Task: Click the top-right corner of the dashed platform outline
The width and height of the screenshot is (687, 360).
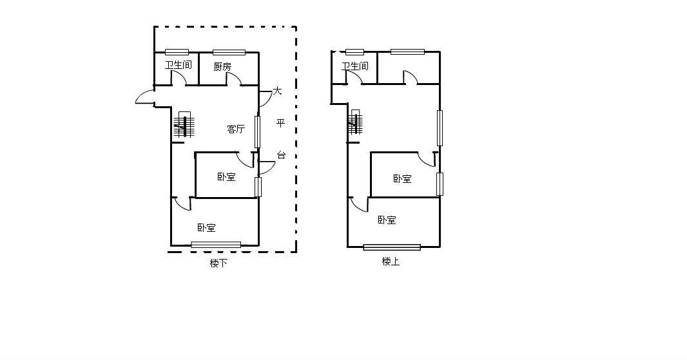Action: (x=296, y=27)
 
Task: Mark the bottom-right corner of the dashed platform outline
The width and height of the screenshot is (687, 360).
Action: (x=296, y=252)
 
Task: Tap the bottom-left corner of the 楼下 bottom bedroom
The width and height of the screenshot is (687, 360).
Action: (x=171, y=245)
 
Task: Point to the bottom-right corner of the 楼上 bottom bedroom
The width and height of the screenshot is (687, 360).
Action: (x=440, y=247)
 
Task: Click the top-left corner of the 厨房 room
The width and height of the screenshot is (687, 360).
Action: (x=200, y=53)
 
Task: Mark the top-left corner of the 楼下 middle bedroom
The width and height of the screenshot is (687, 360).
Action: (x=195, y=153)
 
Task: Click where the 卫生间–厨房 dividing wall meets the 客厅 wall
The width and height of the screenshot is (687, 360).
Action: (x=200, y=85)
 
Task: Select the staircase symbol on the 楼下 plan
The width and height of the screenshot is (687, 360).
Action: (x=184, y=124)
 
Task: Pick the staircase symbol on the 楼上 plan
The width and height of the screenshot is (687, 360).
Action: (x=355, y=122)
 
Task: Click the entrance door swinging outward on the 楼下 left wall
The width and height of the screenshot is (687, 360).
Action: (x=145, y=97)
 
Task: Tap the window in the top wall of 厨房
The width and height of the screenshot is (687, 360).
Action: (x=229, y=53)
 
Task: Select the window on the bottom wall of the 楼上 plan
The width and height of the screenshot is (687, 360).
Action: (x=392, y=247)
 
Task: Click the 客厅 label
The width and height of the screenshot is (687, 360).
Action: (x=236, y=129)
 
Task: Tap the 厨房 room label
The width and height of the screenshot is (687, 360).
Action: (x=222, y=66)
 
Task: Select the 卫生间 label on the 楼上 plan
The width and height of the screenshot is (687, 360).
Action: (x=355, y=66)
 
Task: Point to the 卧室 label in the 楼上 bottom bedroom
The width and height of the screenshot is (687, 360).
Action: (x=387, y=220)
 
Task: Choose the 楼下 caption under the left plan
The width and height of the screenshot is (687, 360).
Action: (x=218, y=263)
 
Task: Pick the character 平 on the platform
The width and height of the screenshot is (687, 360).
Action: (x=280, y=123)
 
